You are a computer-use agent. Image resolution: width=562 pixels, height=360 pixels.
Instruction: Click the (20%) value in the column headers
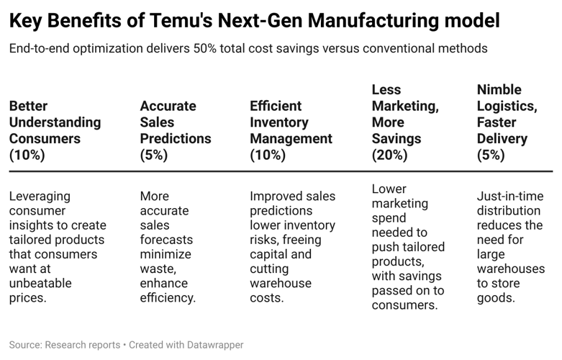click(x=389, y=155)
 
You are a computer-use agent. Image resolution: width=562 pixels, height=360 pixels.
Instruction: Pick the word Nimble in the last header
click(x=499, y=90)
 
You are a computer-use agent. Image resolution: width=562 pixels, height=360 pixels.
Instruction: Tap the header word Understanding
click(x=55, y=122)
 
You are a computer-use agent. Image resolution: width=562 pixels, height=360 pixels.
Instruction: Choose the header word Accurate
click(x=168, y=107)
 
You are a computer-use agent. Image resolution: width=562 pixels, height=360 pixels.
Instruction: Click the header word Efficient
click(x=275, y=107)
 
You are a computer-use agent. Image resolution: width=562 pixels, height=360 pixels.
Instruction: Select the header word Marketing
click(x=404, y=107)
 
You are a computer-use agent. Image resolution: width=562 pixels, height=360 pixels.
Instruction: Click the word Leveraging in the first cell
click(x=40, y=196)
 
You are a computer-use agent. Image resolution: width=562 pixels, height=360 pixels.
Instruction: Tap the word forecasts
click(x=166, y=239)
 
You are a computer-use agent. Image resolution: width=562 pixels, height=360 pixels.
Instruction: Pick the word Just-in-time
click(x=509, y=196)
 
